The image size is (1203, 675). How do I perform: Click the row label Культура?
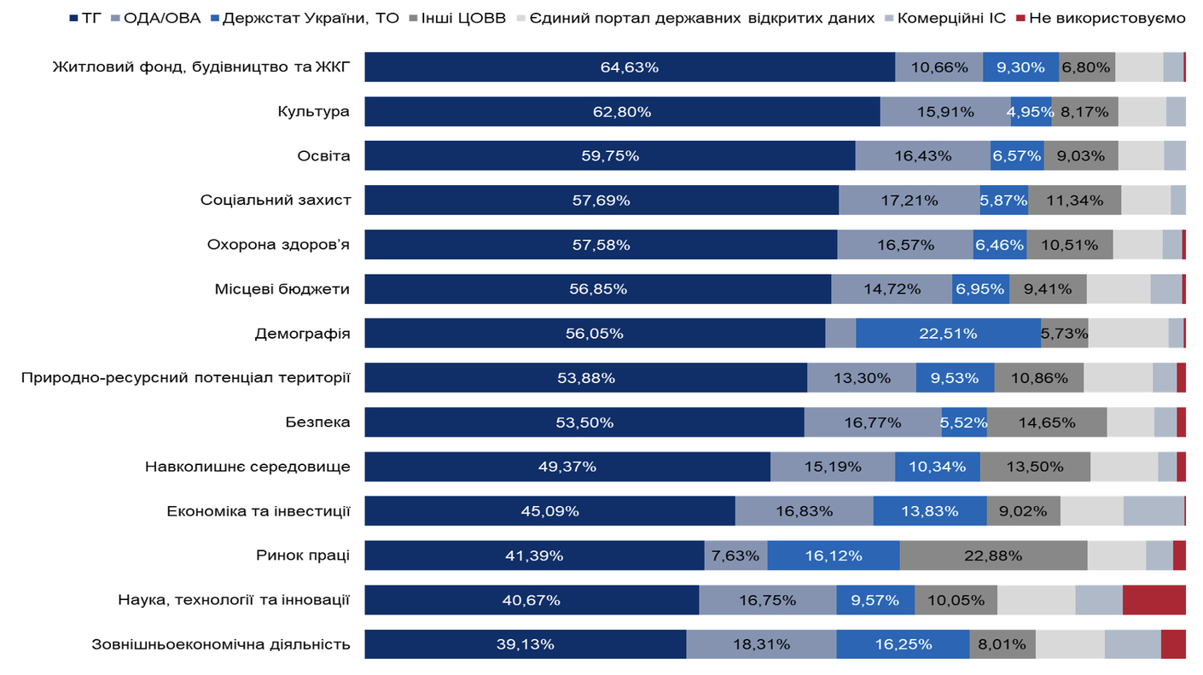[313, 112]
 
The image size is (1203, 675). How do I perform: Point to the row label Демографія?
[302, 334]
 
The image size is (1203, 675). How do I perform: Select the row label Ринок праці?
[302, 556]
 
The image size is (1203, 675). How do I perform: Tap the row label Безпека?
[317, 422]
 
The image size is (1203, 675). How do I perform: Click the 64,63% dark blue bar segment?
[630, 67]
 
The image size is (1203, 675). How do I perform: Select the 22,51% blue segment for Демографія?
[948, 334]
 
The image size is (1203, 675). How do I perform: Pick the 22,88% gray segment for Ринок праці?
[993, 556]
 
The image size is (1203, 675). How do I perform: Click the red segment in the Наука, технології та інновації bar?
[1154, 600]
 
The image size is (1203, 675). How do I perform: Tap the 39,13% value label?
[526, 644]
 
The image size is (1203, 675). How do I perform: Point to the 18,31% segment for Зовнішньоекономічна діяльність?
[761, 644]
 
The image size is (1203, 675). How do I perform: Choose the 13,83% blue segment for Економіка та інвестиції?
[930, 511]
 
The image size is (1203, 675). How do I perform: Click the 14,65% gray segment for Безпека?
[1047, 422]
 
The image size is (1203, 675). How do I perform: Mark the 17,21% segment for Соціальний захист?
[909, 201]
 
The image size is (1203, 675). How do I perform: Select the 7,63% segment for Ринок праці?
[735, 556]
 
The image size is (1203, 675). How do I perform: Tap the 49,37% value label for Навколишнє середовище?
[567, 467]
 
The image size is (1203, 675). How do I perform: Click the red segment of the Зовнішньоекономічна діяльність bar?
[1173, 644]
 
